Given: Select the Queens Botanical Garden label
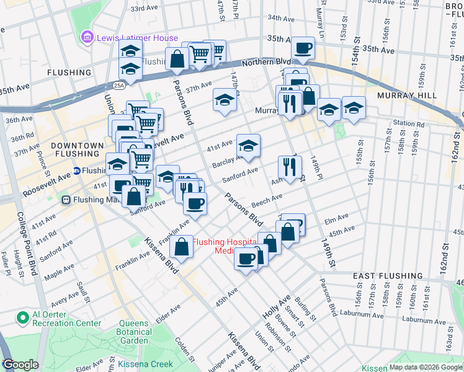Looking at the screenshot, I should [135, 332].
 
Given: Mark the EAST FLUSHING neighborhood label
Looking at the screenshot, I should [388, 275].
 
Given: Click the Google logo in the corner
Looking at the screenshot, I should [20, 365].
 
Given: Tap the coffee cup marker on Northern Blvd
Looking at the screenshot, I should [303, 48].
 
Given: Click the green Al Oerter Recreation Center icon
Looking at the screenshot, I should [24, 318].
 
